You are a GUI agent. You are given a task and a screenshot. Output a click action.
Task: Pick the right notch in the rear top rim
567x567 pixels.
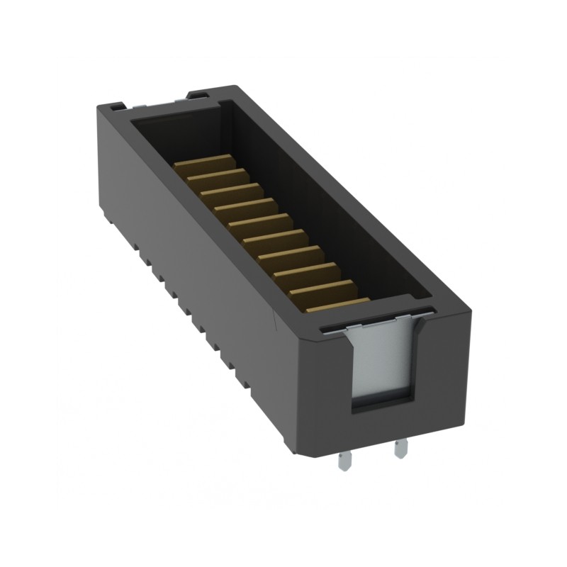pos(198,94)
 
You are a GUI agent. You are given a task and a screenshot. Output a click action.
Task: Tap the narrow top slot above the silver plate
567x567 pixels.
pos(376,318)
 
